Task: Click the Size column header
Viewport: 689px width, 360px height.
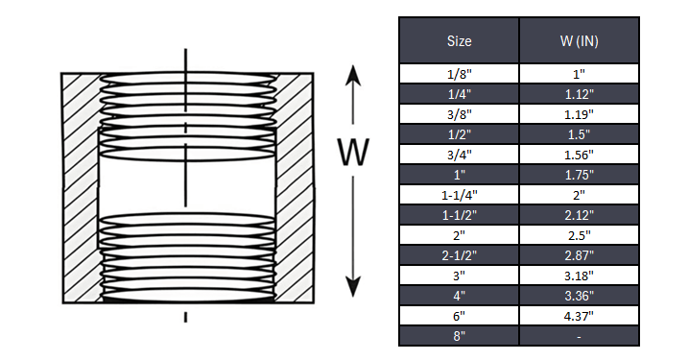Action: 459,41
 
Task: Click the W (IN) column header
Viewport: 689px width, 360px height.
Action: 579,41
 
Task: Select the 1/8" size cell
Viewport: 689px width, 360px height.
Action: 459,73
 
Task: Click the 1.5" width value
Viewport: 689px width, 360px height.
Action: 579,133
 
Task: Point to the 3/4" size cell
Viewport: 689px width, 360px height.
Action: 459,154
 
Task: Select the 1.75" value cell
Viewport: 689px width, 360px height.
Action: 579,175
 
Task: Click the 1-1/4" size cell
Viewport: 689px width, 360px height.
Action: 459,195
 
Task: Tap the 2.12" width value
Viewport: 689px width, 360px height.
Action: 579,215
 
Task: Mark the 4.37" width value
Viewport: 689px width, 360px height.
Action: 579,316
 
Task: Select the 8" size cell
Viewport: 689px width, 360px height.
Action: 459,336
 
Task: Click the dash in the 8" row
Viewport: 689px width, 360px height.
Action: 579,336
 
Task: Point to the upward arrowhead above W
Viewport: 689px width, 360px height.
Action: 353,76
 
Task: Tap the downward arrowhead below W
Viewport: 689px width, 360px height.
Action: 353,285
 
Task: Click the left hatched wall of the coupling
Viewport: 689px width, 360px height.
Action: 80,187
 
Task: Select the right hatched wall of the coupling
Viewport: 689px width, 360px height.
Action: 293,187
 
